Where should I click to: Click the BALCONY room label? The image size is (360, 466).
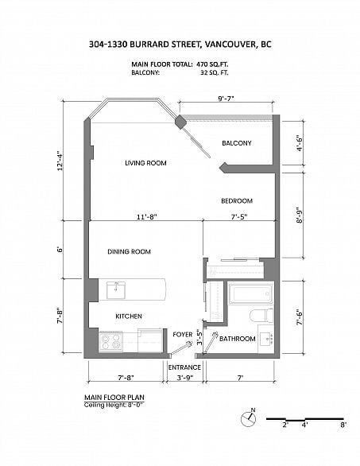237,143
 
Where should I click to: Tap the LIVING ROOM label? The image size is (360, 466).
145,163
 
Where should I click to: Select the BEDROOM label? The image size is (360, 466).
237,201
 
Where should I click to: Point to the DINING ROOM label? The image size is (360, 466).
129,252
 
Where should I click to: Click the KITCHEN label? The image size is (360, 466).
129,316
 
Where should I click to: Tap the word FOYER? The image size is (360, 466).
182,335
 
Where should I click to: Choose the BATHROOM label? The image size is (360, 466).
238,339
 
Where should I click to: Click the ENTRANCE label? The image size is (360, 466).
184,367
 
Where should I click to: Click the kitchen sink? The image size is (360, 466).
116,290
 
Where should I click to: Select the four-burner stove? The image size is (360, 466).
110,341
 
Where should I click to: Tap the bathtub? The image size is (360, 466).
251,293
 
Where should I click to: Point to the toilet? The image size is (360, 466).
261,316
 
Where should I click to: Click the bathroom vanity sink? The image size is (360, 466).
267,340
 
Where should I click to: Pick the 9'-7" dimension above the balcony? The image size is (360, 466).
226,99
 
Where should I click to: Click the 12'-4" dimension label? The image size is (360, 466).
60,161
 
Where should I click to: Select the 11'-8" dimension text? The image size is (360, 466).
147,217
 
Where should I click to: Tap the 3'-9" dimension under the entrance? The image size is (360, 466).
185,378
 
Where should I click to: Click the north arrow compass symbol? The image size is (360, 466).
248,418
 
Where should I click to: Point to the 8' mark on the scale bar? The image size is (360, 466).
343,425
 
